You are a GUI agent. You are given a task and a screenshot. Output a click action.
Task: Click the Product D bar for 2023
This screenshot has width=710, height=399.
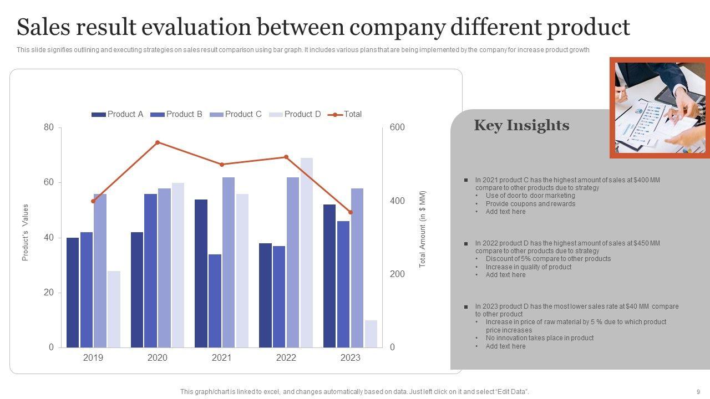(371, 334)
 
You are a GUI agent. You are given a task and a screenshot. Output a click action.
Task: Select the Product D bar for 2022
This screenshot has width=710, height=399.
(307, 253)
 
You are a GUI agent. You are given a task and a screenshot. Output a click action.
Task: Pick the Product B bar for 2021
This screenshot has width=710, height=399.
(215, 301)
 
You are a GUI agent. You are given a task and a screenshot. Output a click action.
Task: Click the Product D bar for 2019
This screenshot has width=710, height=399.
(114, 309)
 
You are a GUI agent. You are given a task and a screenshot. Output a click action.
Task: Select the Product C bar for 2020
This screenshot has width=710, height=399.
(164, 268)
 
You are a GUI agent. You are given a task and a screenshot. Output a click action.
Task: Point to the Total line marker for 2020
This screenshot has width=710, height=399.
(158, 142)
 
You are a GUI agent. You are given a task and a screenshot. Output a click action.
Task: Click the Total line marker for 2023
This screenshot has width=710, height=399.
(351, 212)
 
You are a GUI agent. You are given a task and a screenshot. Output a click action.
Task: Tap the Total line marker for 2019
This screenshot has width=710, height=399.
(93, 201)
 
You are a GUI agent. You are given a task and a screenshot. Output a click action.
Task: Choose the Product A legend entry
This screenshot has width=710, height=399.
(118, 114)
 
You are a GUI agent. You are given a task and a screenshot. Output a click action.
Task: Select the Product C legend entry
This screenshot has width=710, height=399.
(236, 114)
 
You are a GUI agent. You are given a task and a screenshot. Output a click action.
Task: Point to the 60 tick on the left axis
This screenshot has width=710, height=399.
(49, 182)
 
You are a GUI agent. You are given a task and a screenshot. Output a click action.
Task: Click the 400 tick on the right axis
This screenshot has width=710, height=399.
(397, 201)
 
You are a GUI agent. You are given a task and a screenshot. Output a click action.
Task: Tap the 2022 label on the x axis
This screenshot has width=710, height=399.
(286, 358)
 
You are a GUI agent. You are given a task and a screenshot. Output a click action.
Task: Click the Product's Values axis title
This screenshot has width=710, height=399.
(25, 233)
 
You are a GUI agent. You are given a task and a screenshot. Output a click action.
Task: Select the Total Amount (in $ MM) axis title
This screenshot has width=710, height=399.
(422, 229)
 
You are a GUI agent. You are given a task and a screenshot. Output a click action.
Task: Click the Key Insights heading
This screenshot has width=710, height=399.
(521, 125)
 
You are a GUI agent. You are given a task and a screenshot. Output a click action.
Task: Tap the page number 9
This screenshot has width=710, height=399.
(698, 392)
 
